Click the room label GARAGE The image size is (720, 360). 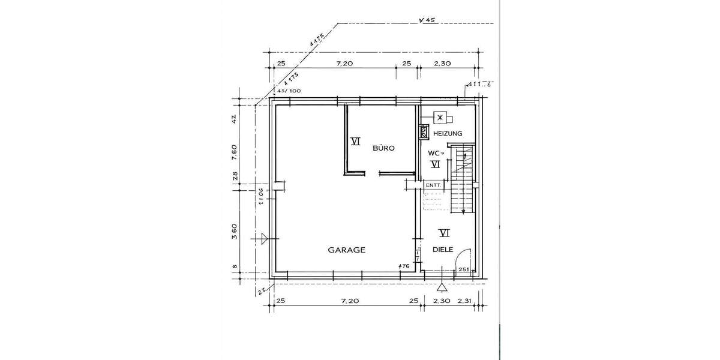(346, 250)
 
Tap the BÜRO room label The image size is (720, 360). (383, 148)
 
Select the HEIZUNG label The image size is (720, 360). (448, 133)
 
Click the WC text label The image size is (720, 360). (435, 153)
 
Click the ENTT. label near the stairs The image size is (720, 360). (433, 186)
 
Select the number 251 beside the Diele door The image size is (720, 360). (463, 270)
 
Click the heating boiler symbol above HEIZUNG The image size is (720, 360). (440, 117)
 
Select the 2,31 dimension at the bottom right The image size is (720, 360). (465, 300)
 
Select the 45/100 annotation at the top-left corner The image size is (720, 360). (288, 91)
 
